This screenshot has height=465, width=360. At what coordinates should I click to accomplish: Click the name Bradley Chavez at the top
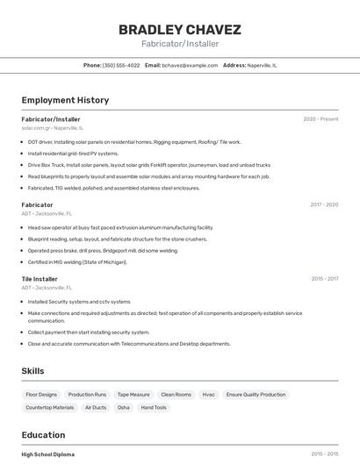coord(179,29)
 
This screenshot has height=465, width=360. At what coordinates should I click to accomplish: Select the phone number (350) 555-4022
coord(121,65)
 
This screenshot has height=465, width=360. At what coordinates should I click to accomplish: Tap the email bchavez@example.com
coord(190,65)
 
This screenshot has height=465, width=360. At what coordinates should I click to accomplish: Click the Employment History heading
coord(65,100)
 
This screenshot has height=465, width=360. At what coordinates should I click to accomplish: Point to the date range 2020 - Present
coord(320,119)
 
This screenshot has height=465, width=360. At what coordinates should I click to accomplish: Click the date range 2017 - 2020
coord(323,204)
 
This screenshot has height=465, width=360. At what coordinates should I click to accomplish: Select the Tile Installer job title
coord(40,279)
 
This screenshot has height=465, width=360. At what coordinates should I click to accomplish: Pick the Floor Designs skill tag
coord(41,395)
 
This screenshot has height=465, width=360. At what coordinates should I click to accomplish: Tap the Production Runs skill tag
coord(87,395)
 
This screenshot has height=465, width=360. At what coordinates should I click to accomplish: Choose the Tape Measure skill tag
coord(133,395)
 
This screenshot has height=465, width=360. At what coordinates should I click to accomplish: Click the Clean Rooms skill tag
coord(176,395)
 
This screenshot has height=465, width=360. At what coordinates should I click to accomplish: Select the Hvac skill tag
coord(208,395)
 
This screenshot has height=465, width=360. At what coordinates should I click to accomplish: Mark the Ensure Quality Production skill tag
coord(256,395)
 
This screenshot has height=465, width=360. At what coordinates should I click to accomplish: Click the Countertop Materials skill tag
coord(50,407)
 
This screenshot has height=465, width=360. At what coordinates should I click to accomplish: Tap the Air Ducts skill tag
coord(96,407)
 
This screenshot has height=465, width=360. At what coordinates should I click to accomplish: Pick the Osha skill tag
coord(123,407)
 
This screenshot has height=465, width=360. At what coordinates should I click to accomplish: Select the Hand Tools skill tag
coord(154,407)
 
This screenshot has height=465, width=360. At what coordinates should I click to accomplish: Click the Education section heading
coord(43,435)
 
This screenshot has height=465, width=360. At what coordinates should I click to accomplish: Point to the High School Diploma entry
coord(48,454)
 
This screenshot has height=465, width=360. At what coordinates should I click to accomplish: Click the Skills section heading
coord(32,371)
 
